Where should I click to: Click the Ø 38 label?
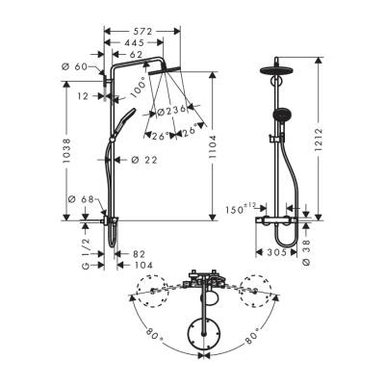(x=307, y=248)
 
